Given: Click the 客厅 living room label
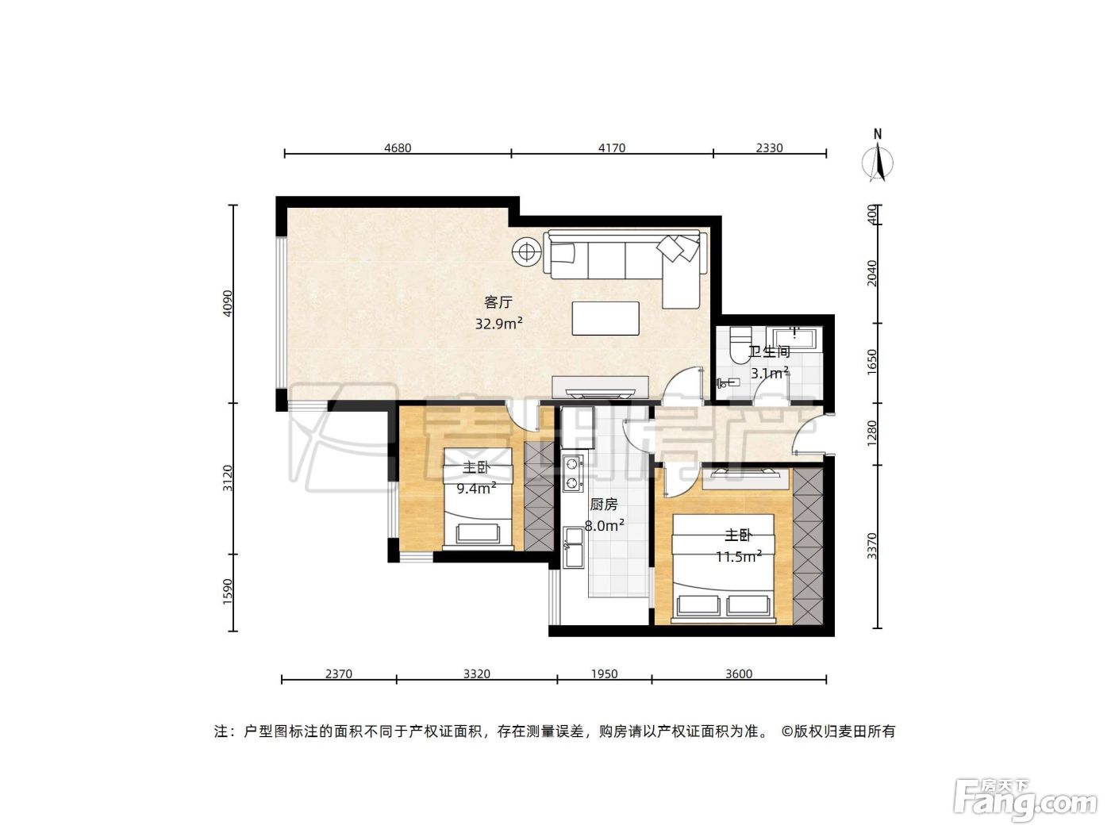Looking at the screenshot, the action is pyautogui.click(x=498, y=302).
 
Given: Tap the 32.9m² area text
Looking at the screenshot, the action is pyautogui.click(x=498, y=323).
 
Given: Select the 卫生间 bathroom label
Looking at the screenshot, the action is pyautogui.click(x=769, y=351).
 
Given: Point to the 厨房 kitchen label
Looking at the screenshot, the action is pyautogui.click(x=604, y=505).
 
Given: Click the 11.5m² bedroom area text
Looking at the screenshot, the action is pyautogui.click(x=739, y=556).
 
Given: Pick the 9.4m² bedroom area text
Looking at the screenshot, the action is pyautogui.click(x=476, y=488).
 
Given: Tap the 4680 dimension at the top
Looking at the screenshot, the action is pyautogui.click(x=398, y=148).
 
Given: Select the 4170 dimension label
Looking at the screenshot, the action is pyautogui.click(x=612, y=148).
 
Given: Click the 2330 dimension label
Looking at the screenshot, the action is pyautogui.click(x=769, y=148).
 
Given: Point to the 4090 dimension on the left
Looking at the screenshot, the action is pyautogui.click(x=229, y=303).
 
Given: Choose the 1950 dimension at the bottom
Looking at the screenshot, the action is pyautogui.click(x=605, y=674).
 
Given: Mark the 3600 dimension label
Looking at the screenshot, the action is pyautogui.click(x=739, y=674).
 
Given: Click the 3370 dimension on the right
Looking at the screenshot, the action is pyautogui.click(x=871, y=546).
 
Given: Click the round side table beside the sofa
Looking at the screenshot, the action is pyautogui.click(x=526, y=251).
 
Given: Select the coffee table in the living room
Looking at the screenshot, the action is pyautogui.click(x=605, y=318).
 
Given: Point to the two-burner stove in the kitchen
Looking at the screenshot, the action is pyautogui.click(x=572, y=473).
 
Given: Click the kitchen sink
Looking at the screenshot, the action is pyautogui.click(x=573, y=547).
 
